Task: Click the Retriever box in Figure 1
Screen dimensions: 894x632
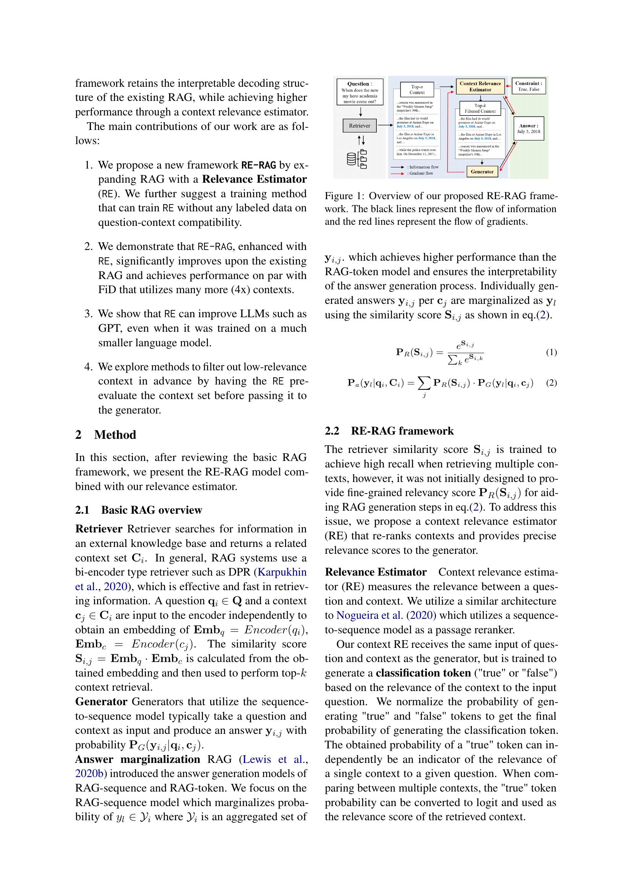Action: click(360, 126)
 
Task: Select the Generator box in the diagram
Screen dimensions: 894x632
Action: click(482, 172)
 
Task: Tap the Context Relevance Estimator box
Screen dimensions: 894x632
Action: click(480, 86)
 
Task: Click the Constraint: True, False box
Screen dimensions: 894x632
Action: click(528, 86)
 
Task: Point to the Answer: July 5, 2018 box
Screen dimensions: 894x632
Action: click(528, 128)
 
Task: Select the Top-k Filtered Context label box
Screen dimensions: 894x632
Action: click(480, 108)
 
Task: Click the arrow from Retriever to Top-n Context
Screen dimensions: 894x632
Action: click(385, 125)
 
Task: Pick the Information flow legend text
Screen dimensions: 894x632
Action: click(423, 167)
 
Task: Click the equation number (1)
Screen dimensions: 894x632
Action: click(551, 352)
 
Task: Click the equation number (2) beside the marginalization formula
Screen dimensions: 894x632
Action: click(551, 383)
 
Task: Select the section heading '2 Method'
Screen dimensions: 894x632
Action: click(105, 435)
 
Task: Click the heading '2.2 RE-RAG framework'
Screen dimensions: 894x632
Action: click(389, 431)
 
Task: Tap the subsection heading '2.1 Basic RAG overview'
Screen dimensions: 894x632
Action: click(139, 510)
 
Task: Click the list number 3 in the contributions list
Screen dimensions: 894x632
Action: click(88, 313)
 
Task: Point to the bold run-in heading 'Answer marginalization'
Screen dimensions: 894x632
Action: click(138, 759)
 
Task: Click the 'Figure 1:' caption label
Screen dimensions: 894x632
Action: click(344, 196)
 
